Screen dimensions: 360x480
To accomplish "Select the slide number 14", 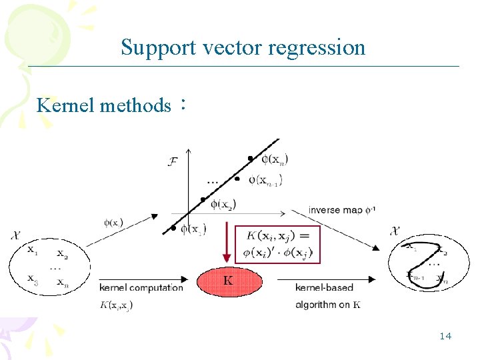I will (x=445, y=336).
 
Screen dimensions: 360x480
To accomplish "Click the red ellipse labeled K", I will (x=229, y=281).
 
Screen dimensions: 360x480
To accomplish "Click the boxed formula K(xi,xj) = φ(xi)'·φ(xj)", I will (x=278, y=244).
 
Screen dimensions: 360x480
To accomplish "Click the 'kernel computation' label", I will (x=141, y=287).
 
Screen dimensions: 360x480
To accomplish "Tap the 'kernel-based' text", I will (x=324, y=287).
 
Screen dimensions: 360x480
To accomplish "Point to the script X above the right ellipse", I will (x=395, y=231).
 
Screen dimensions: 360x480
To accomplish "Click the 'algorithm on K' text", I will (x=327, y=305).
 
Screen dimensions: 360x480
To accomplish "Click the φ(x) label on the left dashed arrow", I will (x=113, y=222).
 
